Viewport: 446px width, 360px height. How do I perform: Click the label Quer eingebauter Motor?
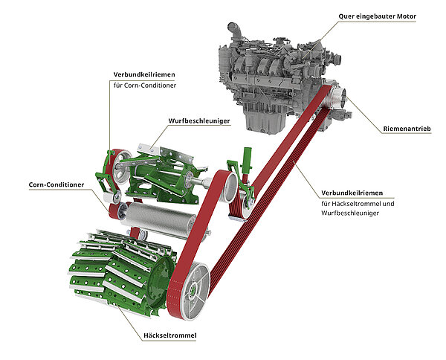377,16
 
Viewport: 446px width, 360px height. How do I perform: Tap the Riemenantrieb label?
407,129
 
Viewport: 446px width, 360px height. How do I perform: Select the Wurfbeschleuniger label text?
199,121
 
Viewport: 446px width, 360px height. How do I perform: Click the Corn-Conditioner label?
56,184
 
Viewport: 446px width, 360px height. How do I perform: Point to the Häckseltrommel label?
169,335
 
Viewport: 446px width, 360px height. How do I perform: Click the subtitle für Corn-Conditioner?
145,86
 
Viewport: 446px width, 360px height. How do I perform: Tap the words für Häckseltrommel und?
358,204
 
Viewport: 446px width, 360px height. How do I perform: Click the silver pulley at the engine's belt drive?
337,97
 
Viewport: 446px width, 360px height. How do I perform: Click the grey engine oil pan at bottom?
264,121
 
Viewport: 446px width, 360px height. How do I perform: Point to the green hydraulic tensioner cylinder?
246,161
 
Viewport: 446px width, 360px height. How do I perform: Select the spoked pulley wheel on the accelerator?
121,166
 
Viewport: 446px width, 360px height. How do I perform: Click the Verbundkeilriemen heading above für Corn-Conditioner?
144,74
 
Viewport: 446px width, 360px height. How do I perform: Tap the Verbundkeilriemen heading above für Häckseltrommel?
352,193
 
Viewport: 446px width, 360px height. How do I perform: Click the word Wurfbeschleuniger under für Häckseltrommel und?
350,213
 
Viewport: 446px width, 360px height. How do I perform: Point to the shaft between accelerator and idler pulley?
204,181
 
